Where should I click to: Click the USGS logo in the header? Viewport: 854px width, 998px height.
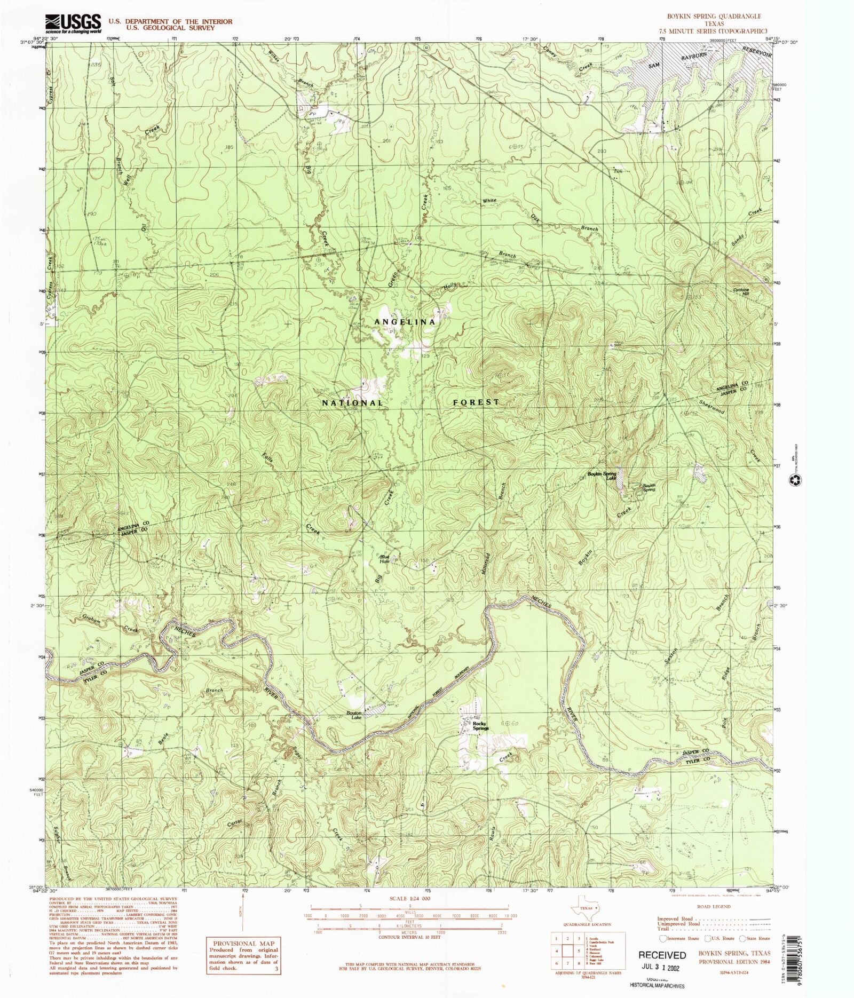(x=73, y=23)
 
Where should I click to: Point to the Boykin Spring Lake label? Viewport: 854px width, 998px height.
(x=602, y=476)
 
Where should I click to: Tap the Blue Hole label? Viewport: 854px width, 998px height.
(x=385, y=559)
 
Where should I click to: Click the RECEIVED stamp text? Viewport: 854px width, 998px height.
(x=662, y=955)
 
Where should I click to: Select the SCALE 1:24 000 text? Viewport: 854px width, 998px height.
(x=409, y=898)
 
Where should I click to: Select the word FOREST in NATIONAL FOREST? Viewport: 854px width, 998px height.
(x=476, y=402)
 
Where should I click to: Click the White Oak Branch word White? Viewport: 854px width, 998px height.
(x=489, y=201)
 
